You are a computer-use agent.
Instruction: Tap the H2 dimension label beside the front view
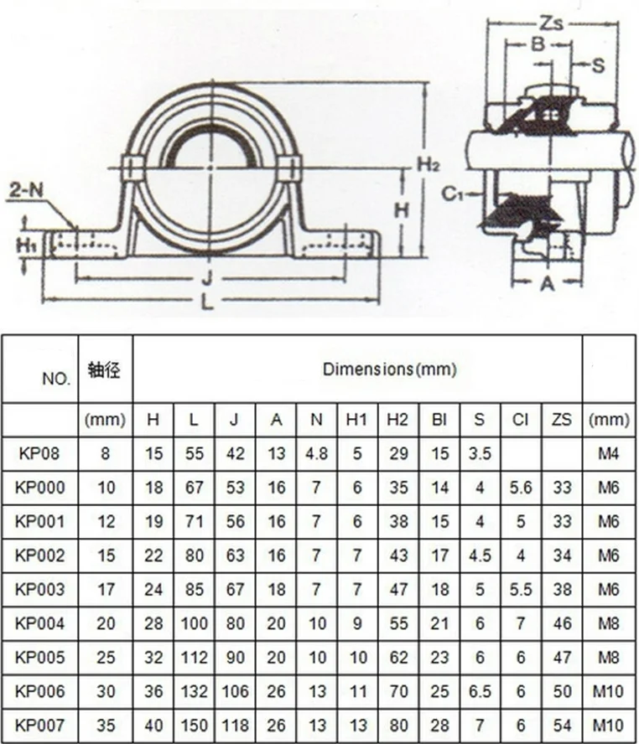coord(428,165)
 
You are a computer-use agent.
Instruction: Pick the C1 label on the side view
coord(454,194)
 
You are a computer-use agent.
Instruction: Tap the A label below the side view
coord(547,283)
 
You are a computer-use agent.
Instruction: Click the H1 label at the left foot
coord(25,245)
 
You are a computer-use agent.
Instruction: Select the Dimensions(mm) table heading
coord(390,369)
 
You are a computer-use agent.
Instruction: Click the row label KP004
coord(40,624)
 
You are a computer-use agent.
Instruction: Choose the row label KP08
coord(40,453)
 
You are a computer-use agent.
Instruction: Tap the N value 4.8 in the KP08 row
coord(316,453)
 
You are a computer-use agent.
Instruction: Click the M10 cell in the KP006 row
coord(609,692)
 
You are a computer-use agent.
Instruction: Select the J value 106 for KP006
coord(236,692)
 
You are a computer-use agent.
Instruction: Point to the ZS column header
coord(562,420)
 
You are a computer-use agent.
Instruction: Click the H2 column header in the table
coord(398,420)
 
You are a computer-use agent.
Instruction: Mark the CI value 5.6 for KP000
coord(521,488)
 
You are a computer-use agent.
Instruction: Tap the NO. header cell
coord(57,379)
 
